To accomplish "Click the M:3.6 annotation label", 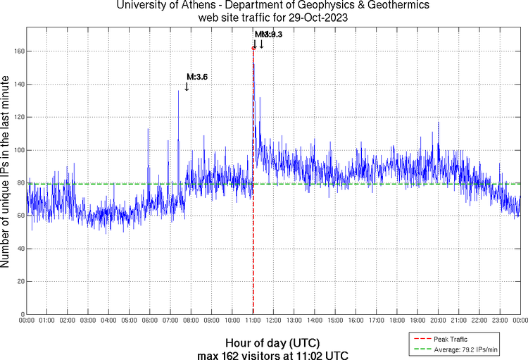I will [197, 77].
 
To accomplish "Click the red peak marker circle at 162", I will [253, 48].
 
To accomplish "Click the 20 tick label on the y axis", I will [20, 281].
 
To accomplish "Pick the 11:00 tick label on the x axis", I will [253, 321].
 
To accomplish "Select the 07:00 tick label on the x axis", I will [170, 321].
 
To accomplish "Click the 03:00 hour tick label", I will [88, 321].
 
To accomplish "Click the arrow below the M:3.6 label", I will [187, 87].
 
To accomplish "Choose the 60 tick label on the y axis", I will [20, 216].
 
